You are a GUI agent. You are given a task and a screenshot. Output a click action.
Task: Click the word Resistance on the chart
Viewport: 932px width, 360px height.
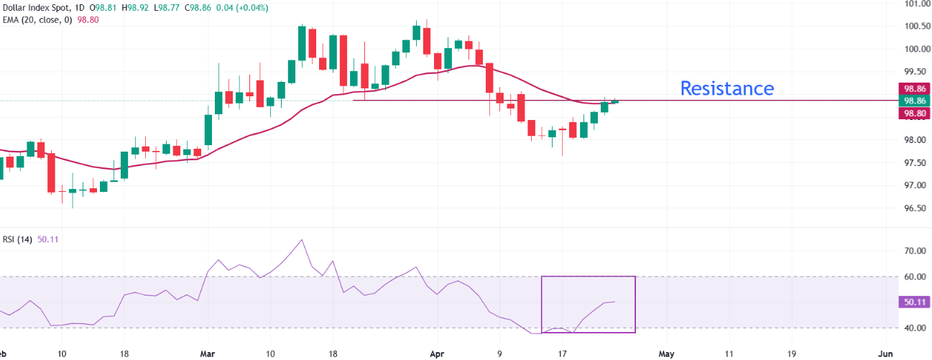coord(726,88)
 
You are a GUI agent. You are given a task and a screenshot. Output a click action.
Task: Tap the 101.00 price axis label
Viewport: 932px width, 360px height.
coord(913,4)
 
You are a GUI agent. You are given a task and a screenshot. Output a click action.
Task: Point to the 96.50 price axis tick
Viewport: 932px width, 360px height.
coord(913,208)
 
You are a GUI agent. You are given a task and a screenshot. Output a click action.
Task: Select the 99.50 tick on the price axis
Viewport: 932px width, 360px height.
coord(913,72)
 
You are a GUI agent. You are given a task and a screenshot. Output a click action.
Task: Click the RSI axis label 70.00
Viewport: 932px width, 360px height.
coord(913,251)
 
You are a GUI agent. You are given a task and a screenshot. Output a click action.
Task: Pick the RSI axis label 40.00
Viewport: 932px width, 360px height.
coord(913,328)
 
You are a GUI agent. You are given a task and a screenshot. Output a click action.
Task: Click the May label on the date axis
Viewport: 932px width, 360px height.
coord(667,354)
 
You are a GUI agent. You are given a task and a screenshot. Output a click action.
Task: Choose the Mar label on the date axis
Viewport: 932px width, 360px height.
coord(208,354)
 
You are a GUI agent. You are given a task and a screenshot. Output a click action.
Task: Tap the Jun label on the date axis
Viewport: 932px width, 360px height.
coord(885,354)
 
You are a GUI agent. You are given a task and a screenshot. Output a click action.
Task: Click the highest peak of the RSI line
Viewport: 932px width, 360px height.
coord(302,240)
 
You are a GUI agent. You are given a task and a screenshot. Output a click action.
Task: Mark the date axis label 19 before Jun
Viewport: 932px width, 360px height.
coord(793,354)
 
